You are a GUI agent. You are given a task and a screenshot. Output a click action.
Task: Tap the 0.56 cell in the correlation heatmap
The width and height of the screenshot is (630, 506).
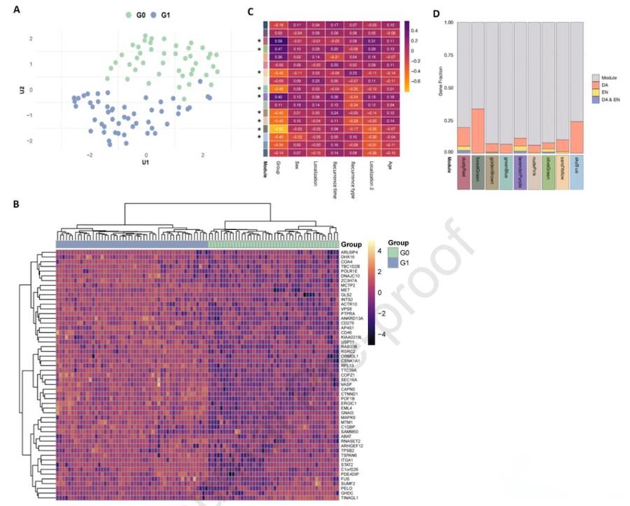tap(277, 41)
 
